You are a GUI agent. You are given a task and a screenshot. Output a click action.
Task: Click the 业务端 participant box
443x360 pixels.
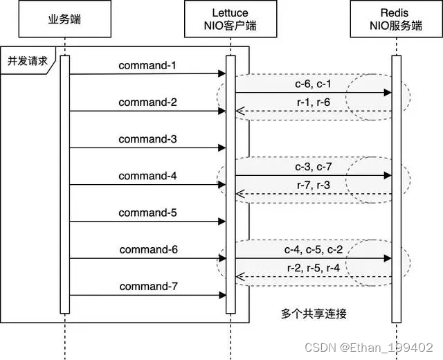pyautogui.click(x=65, y=19)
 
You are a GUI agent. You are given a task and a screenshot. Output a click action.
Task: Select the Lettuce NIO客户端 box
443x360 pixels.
pyautogui.click(x=230, y=19)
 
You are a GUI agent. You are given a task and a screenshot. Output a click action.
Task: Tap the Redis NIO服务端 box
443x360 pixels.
pyautogui.click(x=396, y=19)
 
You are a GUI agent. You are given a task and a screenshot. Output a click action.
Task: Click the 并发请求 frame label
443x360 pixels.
pyautogui.click(x=27, y=60)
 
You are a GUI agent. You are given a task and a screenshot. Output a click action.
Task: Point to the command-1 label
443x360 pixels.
pyautogui.click(x=147, y=66)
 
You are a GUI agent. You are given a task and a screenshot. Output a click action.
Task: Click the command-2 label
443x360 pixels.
pyautogui.click(x=147, y=102)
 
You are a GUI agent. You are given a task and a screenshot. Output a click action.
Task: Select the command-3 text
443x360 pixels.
pyautogui.click(x=147, y=139)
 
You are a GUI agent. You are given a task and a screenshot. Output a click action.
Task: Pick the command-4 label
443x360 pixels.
pyautogui.click(x=147, y=176)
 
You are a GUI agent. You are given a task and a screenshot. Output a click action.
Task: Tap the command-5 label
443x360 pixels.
pyautogui.click(x=147, y=213)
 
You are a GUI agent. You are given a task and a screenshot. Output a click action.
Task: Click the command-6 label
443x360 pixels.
pyautogui.click(x=147, y=249)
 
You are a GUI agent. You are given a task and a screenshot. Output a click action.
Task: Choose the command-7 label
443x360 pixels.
pyautogui.click(x=147, y=286)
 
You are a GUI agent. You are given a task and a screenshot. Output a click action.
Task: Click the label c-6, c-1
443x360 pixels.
pyautogui.click(x=314, y=84)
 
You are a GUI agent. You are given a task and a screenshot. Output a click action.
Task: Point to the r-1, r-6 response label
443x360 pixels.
pyautogui.click(x=314, y=102)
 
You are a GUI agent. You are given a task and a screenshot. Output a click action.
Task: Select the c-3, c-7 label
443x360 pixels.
pyautogui.click(x=314, y=167)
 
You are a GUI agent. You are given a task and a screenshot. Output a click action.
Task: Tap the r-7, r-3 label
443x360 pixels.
pyautogui.click(x=314, y=186)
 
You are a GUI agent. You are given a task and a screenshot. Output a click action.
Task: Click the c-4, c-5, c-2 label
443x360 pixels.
pyautogui.click(x=314, y=249)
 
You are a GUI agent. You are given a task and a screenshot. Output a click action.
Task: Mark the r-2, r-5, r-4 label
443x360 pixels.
pyautogui.click(x=314, y=268)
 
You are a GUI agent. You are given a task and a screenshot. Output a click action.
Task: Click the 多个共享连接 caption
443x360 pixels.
pyautogui.click(x=314, y=314)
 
